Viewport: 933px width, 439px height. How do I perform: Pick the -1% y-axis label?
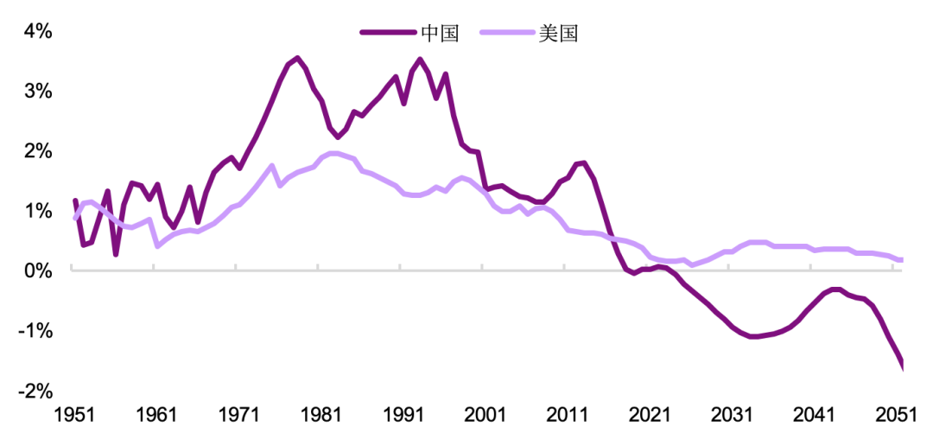pos(35,331)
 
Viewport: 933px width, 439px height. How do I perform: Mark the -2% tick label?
pos(35,391)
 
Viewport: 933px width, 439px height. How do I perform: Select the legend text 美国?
pos(557,34)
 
